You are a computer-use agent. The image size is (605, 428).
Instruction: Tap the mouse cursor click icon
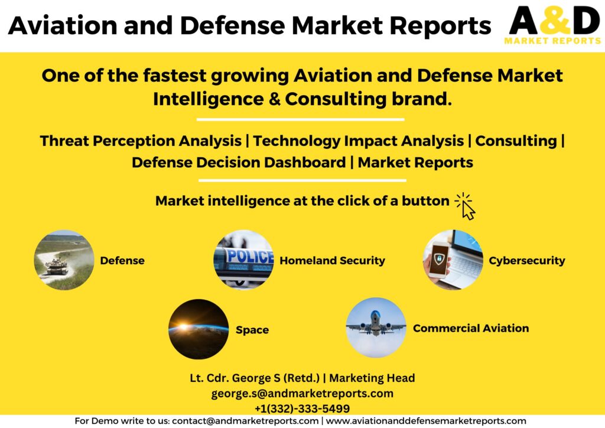(x=465, y=206)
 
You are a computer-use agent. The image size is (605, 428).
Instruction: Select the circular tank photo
(x=64, y=260)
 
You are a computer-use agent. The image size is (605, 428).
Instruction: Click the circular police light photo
(x=243, y=260)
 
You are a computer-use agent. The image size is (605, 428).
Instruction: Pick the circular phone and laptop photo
(x=453, y=260)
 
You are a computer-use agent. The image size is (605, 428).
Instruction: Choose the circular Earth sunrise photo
(x=199, y=329)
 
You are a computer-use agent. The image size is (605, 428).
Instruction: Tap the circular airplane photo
(x=376, y=328)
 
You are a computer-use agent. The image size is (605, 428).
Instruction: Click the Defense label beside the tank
(x=122, y=261)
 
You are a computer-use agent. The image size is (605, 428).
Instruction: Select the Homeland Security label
(x=332, y=261)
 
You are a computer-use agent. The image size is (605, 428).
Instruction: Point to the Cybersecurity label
(x=526, y=261)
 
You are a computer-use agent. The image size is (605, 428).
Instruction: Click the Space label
(x=252, y=330)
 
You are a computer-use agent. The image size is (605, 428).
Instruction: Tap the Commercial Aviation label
(x=471, y=329)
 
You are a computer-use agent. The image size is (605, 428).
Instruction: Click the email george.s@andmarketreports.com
(x=302, y=394)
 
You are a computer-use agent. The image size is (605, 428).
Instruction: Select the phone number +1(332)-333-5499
(x=302, y=408)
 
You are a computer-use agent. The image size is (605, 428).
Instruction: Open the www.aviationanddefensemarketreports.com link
(x=426, y=421)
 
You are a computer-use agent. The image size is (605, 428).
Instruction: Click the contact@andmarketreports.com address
(x=245, y=421)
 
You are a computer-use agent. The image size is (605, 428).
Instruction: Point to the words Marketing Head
(x=372, y=378)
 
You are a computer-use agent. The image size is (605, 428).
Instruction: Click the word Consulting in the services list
(x=516, y=141)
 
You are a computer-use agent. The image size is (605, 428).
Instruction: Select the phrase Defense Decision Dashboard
(x=239, y=163)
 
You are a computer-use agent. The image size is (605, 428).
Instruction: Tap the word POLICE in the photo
(x=250, y=256)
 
